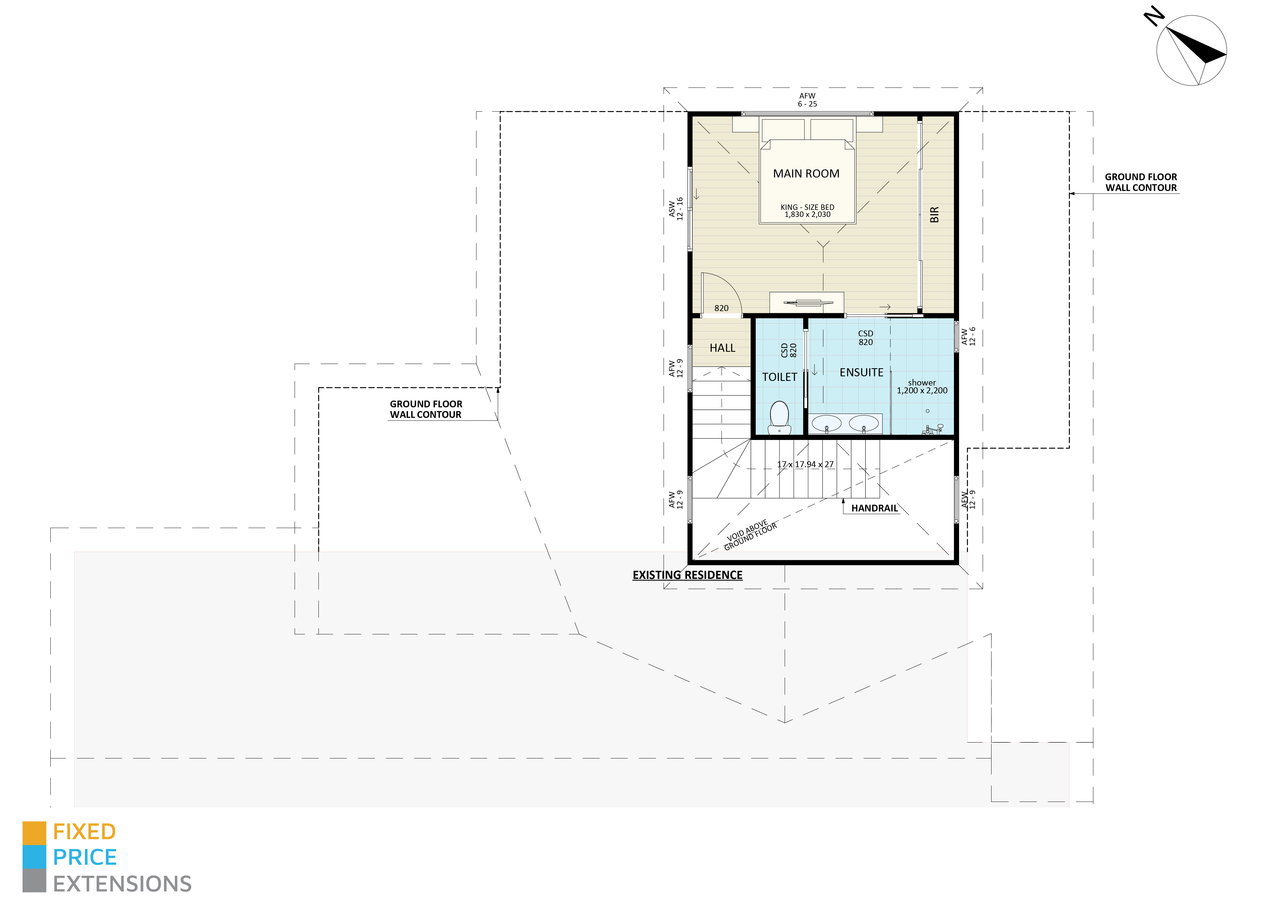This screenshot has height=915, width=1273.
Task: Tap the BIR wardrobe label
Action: [935, 214]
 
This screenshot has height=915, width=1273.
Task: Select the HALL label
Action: [722, 348]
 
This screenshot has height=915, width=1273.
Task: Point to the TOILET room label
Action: [780, 377]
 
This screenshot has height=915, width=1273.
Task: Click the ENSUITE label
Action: [862, 373]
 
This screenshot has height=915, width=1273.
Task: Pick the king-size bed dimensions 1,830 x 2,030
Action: [808, 214]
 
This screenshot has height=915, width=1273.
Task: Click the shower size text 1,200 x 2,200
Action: [922, 391]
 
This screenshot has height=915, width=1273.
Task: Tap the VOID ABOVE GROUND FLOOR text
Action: [750, 535]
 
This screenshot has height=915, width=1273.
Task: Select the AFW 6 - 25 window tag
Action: [808, 100]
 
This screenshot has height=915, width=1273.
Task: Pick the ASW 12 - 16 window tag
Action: [676, 209]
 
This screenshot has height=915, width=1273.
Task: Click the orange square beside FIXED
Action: [34, 833]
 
